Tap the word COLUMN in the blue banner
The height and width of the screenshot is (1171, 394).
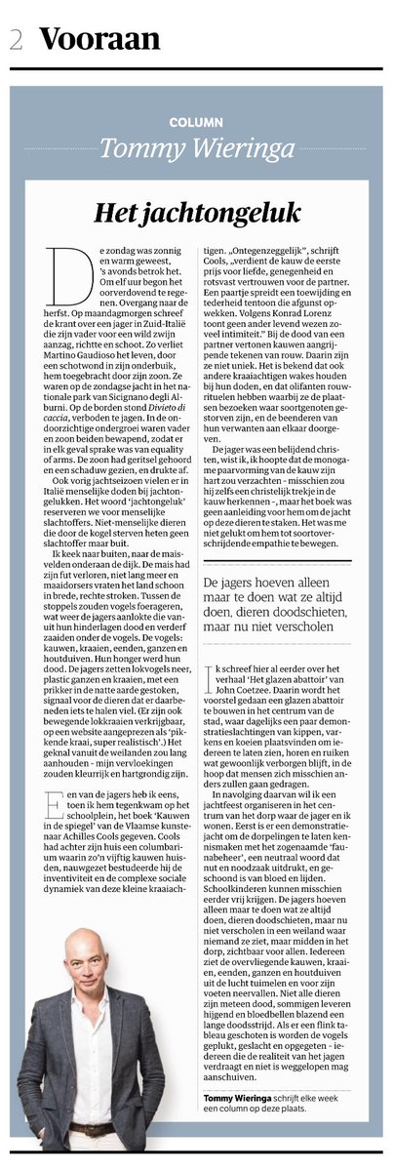coord(195,125)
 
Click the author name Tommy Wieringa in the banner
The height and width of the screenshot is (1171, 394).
coord(196,147)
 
